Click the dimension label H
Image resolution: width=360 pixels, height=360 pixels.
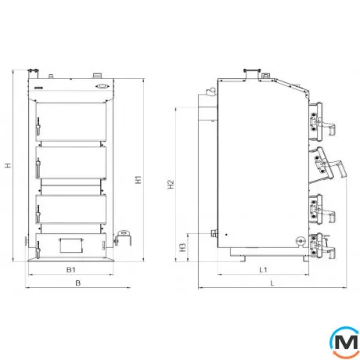click(x=9, y=165)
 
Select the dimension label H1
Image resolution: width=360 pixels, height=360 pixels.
click(x=139, y=179)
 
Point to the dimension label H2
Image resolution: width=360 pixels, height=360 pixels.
click(x=171, y=184)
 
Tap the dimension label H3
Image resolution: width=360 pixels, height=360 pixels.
click(x=183, y=247)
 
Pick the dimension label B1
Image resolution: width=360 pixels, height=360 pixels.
click(x=71, y=269)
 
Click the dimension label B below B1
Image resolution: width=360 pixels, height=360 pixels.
click(x=77, y=283)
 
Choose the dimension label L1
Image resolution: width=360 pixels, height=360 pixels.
click(x=263, y=269)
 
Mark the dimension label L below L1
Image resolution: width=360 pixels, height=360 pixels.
click(x=272, y=283)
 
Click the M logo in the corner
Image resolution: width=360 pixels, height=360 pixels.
click(x=344, y=342)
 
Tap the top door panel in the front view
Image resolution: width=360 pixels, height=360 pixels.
click(x=71, y=122)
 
